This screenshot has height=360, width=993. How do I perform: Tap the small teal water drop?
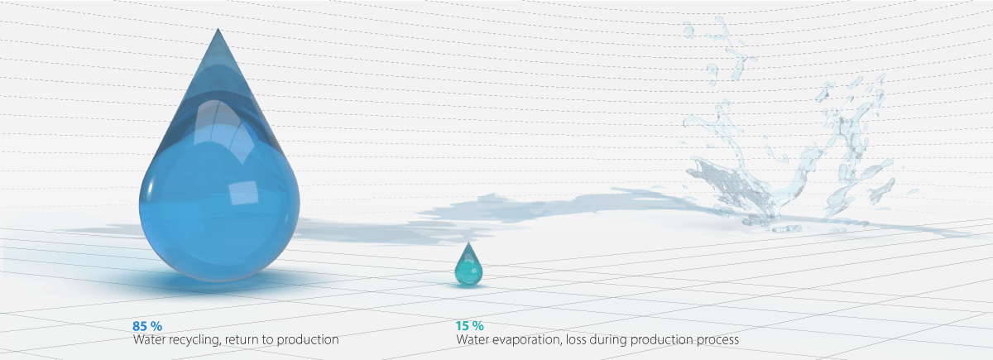(468, 266)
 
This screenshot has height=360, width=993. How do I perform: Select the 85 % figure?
(146, 325)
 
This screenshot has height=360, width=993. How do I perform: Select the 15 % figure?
(469, 325)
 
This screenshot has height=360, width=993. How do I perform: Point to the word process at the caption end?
(718, 339)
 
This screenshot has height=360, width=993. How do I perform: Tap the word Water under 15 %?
(472, 339)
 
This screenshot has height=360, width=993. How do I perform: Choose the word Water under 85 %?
(149, 339)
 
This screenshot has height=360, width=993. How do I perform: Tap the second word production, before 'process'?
(664, 339)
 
